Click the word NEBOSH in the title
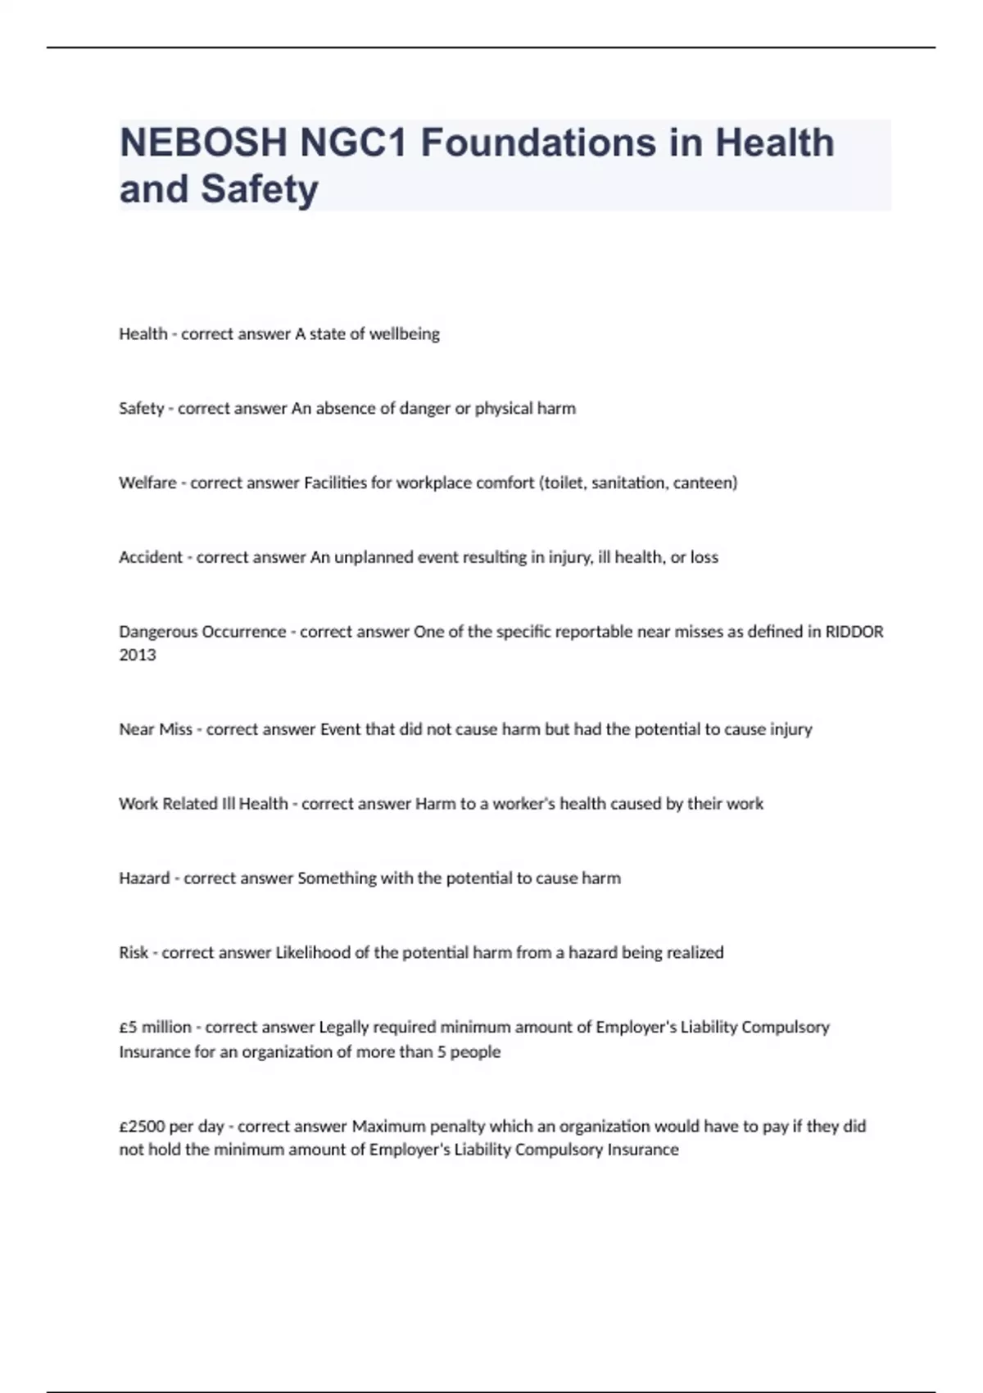click(203, 143)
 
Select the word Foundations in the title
click(539, 143)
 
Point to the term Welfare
click(147, 483)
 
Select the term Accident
click(151, 558)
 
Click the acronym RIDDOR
click(854, 633)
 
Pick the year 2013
click(137, 656)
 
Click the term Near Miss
click(156, 730)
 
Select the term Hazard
click(144, 879)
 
